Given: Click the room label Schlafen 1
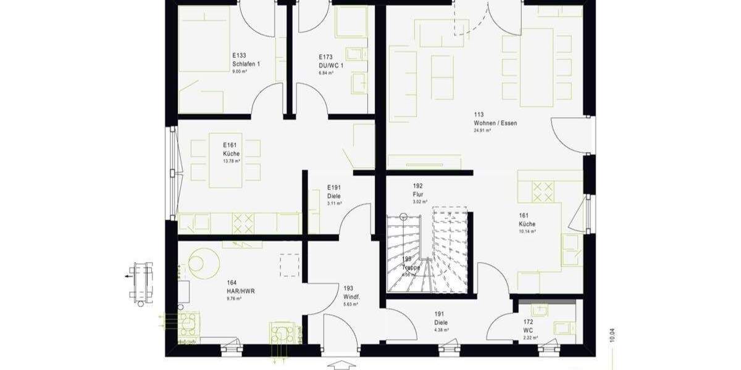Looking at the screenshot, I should point(246,64).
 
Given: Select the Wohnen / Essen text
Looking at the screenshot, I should point(496,123).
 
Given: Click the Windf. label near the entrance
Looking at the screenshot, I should point(352,297).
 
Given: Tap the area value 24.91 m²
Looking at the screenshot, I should point(482,131).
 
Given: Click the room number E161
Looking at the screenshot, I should point(230,145).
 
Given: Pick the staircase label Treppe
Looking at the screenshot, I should point(411,268).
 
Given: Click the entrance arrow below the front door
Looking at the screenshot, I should point(341,365).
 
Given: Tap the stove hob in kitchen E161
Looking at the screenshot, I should point(243,222).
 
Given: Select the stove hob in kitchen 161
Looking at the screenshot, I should point(542,191).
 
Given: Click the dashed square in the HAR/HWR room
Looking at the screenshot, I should point(289,266).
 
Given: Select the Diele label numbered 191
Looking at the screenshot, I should point(441,322).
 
